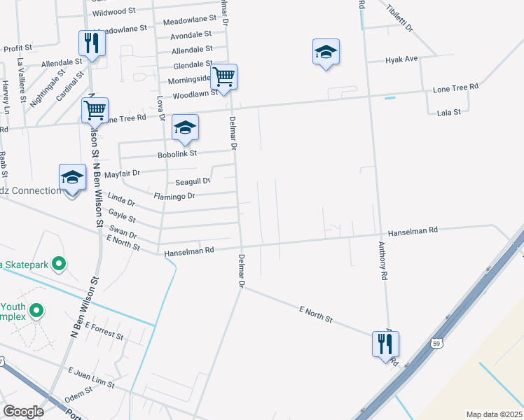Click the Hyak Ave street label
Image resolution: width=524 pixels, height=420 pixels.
pyautogui.click(x=401, y=60)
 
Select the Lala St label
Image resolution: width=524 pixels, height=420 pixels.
pyautogui.click(x=448, y=112)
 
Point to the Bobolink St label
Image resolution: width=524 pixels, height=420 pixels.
pyautogui.click(x=178, y=153)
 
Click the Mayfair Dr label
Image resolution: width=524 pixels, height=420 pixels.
pyautogui.click(x=127, y=172)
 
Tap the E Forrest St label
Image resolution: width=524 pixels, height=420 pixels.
pyautogui.click(x=104, y=330)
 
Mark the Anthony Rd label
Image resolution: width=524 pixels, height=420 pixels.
pyautogui.click(x=382, y=261)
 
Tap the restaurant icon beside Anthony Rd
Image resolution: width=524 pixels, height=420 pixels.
pyautogui.click(x=385, y=344)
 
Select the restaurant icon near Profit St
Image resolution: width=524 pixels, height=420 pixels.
pyautogui.click(x=92, y=43)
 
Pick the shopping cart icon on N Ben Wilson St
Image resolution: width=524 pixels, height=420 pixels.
pyautogui.click(x=95, y=109)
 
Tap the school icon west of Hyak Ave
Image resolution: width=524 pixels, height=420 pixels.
pyautogui.click(x=326, y=52)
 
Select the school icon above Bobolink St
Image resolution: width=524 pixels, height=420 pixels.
pyautogui.click(x=185, y=127)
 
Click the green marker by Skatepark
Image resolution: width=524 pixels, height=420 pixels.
pyautogui.click(x=59, y=264)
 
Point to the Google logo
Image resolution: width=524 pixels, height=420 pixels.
pyautogui.click(x=22, y=412)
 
